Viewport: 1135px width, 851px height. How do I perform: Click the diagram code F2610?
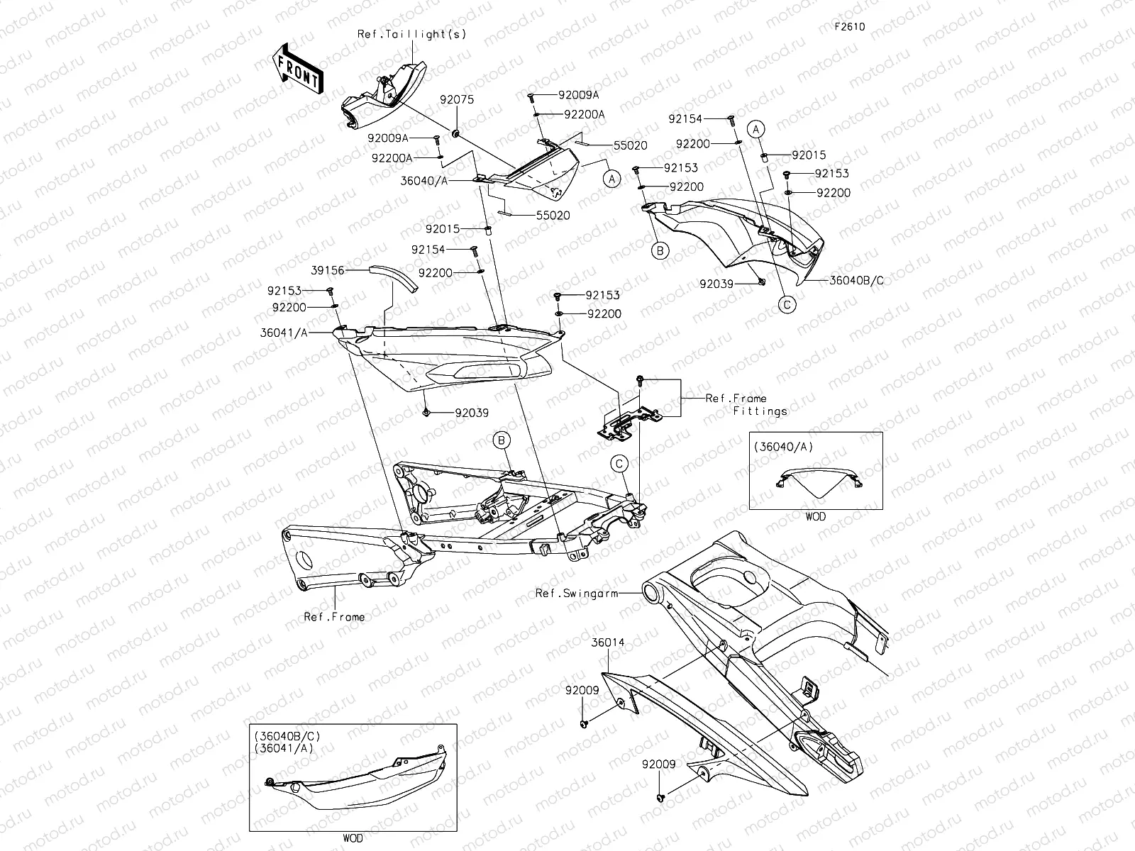[x=849, y=27]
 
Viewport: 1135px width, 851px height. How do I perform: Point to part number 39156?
[x=327, y=270]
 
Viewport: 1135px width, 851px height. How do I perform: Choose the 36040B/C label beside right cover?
[x=857, y=280]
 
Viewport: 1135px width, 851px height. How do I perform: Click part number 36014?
[x=609, y=643]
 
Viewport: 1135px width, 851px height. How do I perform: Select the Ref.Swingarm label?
[x=576, y=593]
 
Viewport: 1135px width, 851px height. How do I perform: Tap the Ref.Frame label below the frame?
[x=334, y=617]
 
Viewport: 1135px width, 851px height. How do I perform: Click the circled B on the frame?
[x=502, y=441]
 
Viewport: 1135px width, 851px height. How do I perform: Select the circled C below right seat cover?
[x=786, y=304]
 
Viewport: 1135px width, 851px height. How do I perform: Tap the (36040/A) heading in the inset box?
[x=783, y=447]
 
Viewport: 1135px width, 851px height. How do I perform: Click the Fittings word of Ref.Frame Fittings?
[x=760, y=411]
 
